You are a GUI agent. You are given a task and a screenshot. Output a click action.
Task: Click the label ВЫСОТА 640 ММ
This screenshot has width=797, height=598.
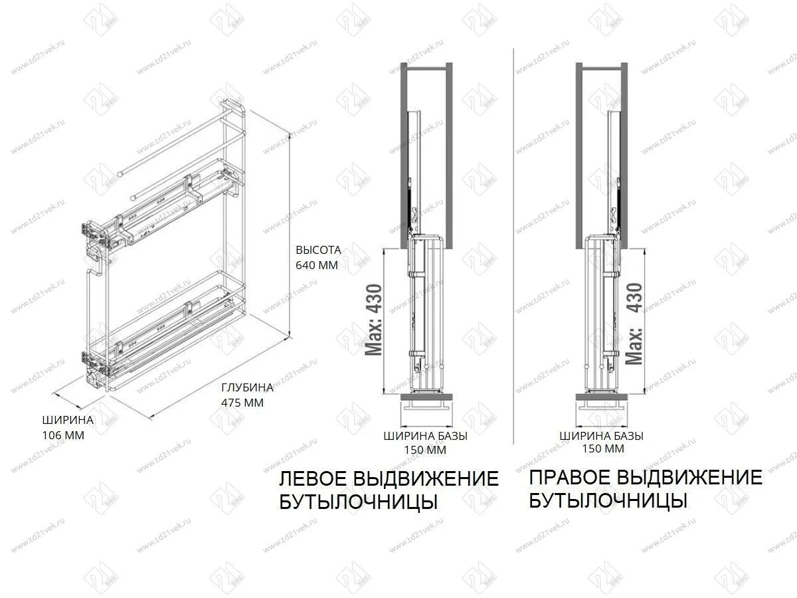(x=317, y=258)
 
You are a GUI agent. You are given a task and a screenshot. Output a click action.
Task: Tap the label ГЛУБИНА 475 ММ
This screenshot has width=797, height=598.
(x=247, y=395)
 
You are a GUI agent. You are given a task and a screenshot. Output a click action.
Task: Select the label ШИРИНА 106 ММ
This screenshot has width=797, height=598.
(x=67, y=427)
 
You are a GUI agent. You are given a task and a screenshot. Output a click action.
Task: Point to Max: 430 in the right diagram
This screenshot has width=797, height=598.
(x=634, y=324)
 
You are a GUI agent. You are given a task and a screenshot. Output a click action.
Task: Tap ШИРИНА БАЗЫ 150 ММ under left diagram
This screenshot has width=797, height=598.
(x=425, y=443)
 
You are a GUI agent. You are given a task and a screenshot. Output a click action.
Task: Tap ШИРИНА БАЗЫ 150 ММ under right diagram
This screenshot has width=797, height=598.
(x=601, y=442)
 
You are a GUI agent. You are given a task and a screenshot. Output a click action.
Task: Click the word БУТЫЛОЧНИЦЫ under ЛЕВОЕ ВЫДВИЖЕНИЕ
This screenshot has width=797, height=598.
(x=358, y=502)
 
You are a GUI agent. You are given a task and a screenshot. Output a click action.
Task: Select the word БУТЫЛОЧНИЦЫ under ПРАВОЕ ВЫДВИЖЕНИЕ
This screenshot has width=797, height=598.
(x=608, y=500)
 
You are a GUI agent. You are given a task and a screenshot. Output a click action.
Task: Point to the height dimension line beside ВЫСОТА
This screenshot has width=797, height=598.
(x=288, y=233)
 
